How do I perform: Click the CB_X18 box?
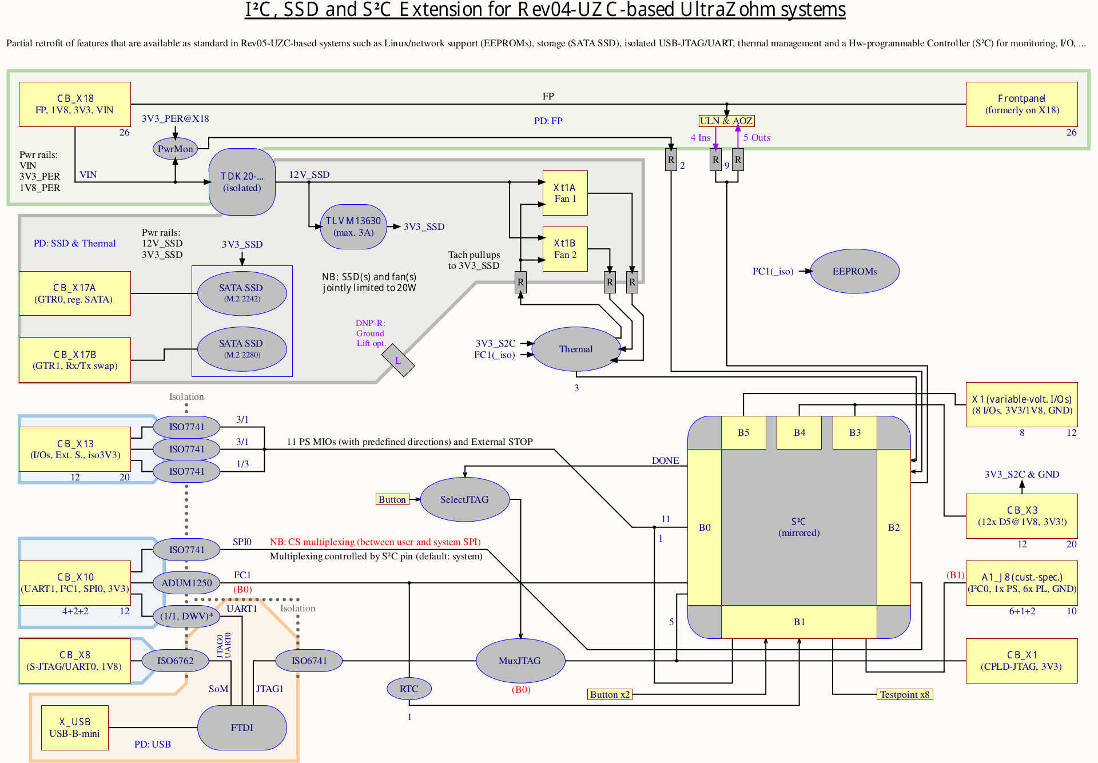74,104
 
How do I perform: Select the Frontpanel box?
1021,104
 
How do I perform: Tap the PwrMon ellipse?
175,149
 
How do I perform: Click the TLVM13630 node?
353,226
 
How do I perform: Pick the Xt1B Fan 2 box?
565,249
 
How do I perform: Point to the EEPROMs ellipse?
854,271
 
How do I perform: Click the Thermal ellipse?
576,349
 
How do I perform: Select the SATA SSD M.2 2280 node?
241,348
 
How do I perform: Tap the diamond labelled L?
398,360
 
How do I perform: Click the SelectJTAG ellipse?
464,499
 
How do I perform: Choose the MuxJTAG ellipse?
520,661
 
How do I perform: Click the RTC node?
409,689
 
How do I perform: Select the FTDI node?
242,728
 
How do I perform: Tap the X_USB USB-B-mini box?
74,728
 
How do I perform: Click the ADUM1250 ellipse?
186,583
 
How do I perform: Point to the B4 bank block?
799,432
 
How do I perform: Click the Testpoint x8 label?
905,694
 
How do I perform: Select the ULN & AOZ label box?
726,121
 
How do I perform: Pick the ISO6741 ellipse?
309,661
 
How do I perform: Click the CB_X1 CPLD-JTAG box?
1021,661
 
